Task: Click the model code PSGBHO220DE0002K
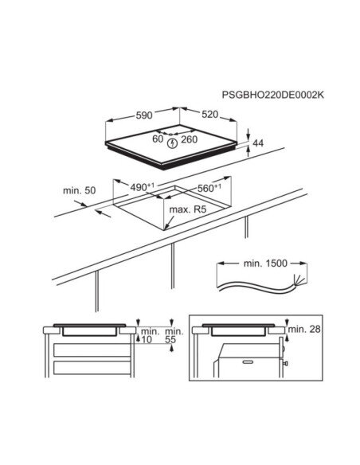point(273,95)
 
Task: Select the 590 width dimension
point(144,115)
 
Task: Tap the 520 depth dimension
point(209,114)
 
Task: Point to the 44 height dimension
point(258,143)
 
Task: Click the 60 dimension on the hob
point(158,139)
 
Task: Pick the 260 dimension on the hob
point(190,139)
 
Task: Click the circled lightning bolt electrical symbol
point(172,143)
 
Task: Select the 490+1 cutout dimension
point(143,187)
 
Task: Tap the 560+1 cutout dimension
point(209,188)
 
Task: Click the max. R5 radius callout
point(187,209)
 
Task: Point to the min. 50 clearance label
point(79,190)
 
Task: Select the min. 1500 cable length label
point(265,264)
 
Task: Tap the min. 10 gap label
point(150,335)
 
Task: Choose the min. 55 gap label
point(174,335)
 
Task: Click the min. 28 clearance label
point(304,329)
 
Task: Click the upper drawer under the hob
point(92,350)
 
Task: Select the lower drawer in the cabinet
point(92,368)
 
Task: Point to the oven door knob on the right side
point(286,363)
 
